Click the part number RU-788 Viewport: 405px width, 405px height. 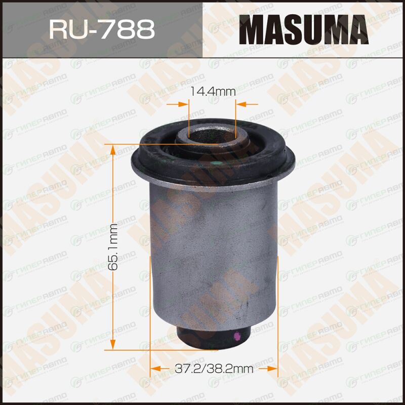click(102, 29)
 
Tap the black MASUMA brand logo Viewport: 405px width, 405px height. click(304, 29)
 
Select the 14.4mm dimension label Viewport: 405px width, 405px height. click(213, 92)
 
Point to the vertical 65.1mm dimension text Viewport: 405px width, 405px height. click(113, 247)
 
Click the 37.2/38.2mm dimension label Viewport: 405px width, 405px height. click(214, 369)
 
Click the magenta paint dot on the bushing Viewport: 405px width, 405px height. click(236, 336)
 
